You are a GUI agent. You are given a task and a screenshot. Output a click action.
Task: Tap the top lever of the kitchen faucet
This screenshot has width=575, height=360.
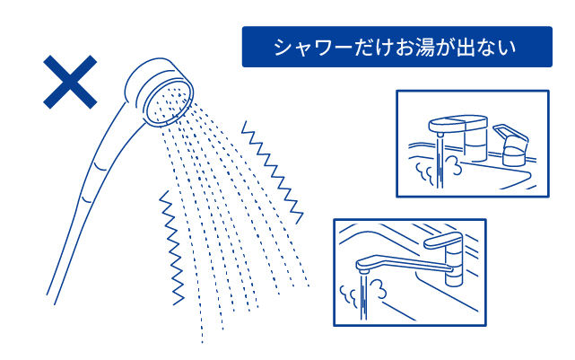pos(442,240)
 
